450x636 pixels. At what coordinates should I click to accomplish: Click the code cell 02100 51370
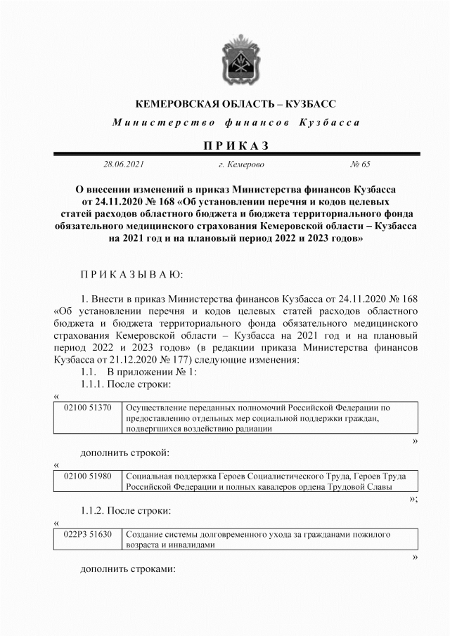click(87, 408)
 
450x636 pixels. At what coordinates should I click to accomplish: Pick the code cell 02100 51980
click(87, 476)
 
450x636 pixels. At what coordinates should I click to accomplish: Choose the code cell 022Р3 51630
click(87, 535)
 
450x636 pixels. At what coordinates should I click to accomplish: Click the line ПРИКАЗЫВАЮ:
click(131, 273)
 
